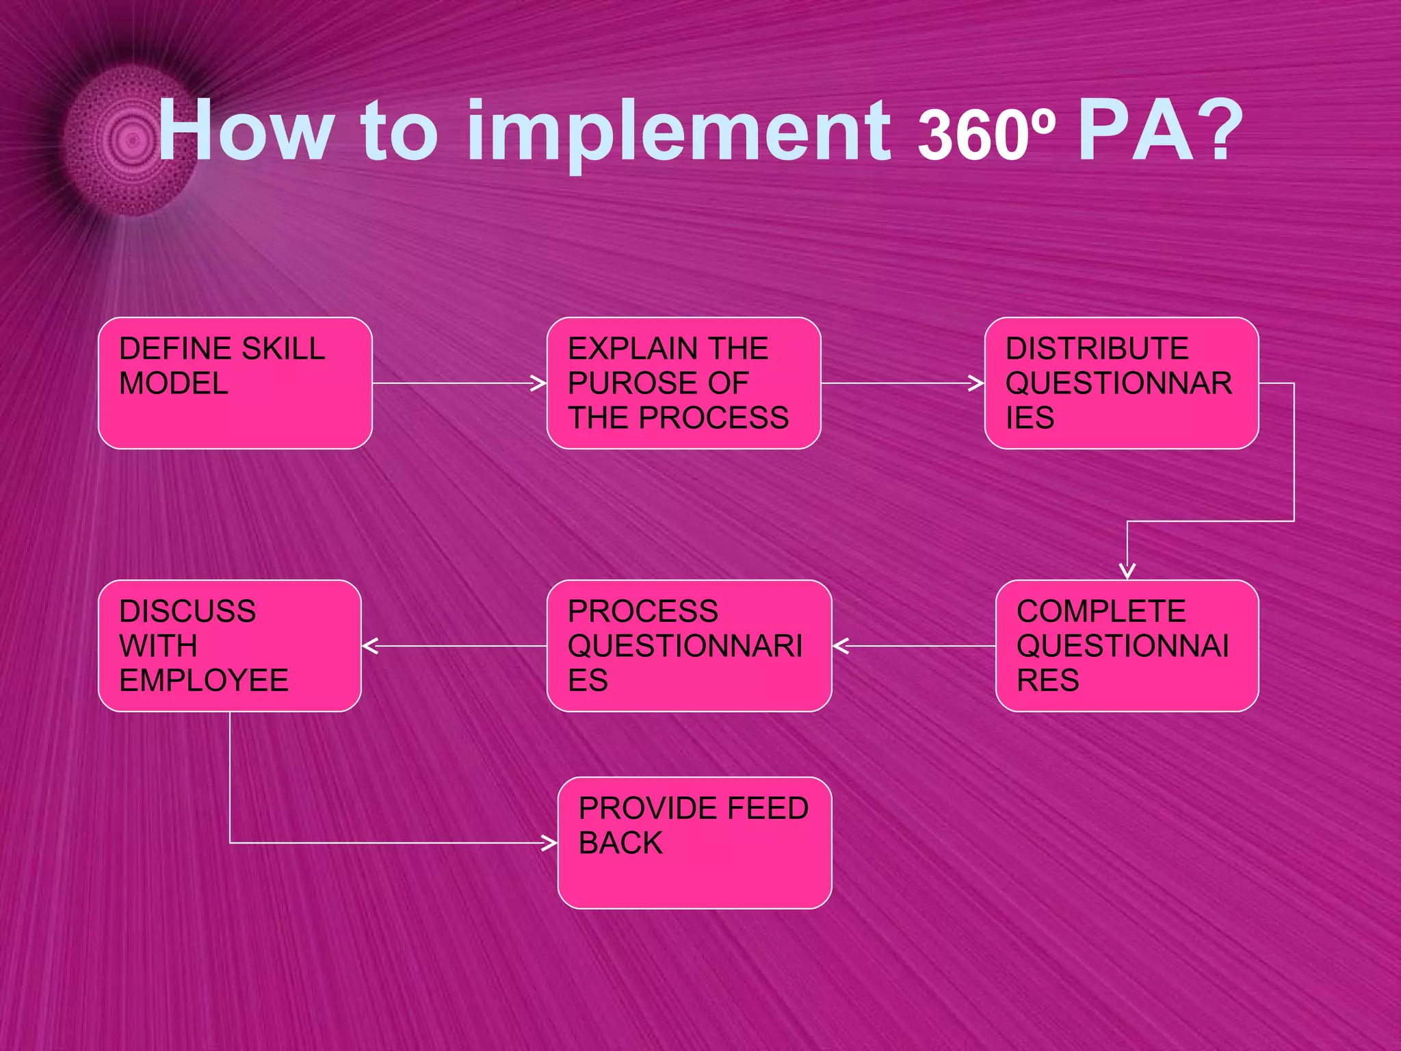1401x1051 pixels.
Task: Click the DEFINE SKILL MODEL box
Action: [235, 383]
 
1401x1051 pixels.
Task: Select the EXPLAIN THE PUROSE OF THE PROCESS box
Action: [683, 383]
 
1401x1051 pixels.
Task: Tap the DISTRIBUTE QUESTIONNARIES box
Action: [1121, 383]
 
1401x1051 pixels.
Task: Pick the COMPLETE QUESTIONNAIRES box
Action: [1127, 646]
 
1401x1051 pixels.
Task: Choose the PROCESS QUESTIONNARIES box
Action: [689, 646]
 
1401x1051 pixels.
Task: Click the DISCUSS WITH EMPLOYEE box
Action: [229, 646]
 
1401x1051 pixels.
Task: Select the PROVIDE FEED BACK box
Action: [694, 843]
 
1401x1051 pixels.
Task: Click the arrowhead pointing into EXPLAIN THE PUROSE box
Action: [540, 383]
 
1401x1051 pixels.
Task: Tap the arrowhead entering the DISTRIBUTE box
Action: [978, 383]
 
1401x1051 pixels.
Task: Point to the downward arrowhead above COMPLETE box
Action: [1127, 572]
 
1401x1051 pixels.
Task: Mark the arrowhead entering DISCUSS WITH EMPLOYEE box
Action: [370, 646]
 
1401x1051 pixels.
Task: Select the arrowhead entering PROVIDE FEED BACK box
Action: [550, 843]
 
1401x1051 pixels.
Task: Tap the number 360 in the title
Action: [971, 135]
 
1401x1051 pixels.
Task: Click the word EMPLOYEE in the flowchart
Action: [204, 681]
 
